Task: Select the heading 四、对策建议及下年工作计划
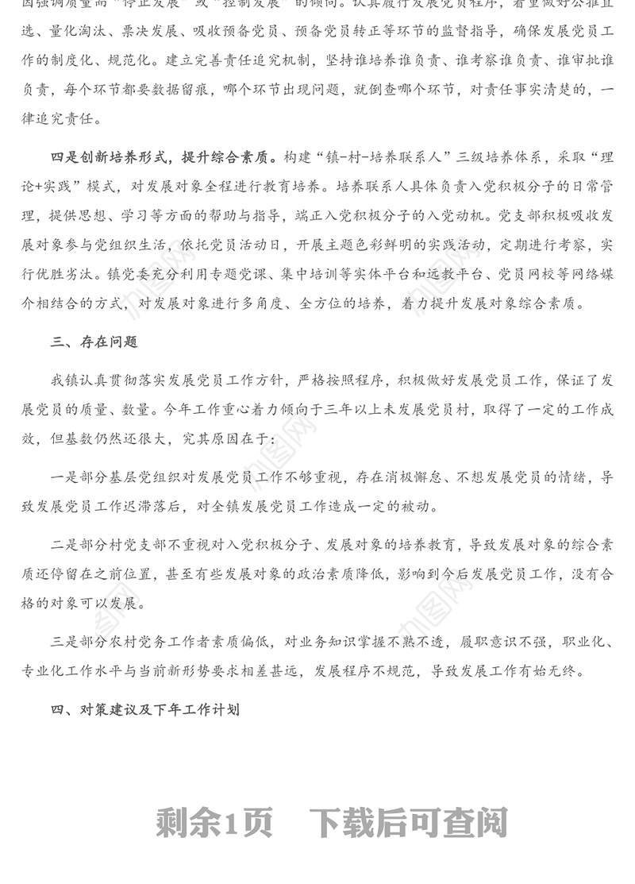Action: pyautogui.click(x=144, y=709)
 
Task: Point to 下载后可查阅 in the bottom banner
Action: pyautogui.click(x=408, y=824)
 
